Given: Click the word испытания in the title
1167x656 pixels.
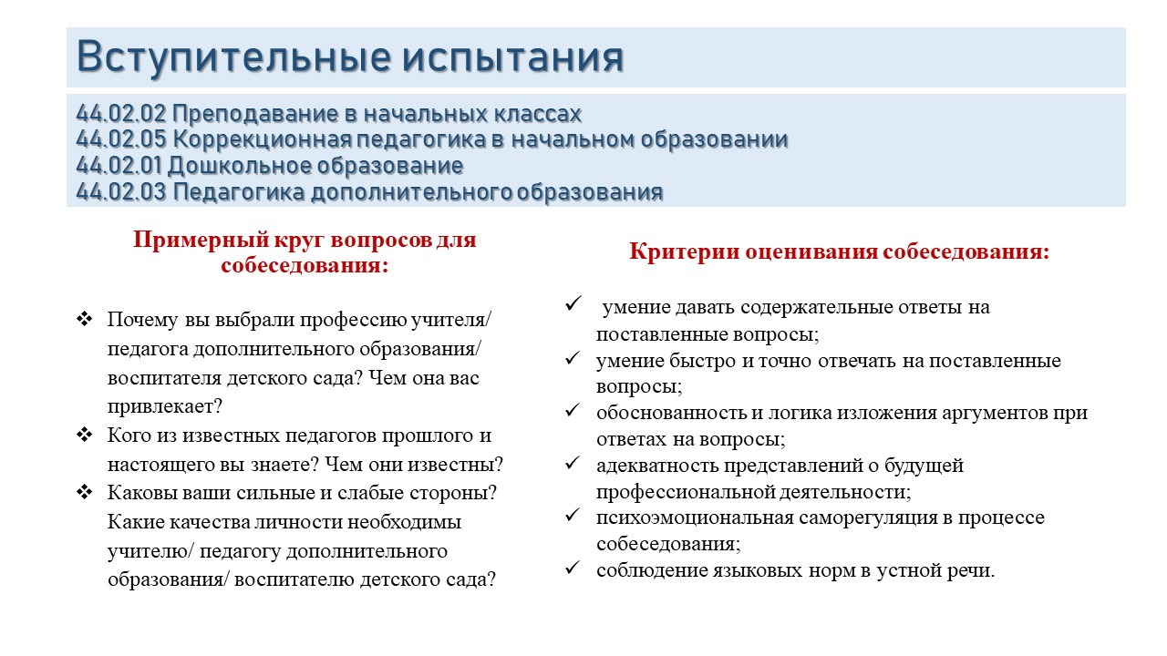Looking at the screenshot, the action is tap(513, 58).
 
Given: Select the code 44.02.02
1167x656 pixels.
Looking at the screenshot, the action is tap(121, 114).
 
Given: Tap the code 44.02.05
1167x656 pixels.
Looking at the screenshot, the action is tap(121, 139).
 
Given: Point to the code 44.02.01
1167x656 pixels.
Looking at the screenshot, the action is tap(119, 166).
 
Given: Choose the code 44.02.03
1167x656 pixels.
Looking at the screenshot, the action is tap(121, 191).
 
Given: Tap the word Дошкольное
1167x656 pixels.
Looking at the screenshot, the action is tap(240, 166).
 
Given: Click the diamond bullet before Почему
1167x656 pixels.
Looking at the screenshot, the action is tap(85, 319).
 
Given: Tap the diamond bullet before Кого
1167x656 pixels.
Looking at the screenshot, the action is tap(85, 435).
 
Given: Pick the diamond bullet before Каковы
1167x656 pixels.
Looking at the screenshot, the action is tap(85, 491).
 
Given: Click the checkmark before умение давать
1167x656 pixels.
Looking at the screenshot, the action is tap(573, 303).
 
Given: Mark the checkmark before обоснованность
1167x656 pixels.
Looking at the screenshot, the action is tap(573, 410).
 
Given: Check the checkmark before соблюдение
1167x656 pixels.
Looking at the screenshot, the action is tap(573, 568).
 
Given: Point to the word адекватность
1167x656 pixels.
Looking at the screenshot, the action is tap(657, 466).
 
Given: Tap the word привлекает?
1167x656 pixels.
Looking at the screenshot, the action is tap(165, 406).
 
